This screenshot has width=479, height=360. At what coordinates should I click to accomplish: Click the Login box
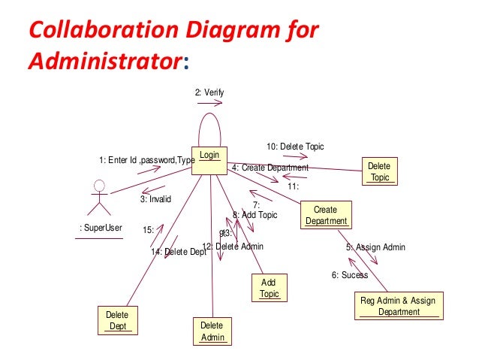coord(209,160)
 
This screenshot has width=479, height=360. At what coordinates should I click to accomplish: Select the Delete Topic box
coord(380,171)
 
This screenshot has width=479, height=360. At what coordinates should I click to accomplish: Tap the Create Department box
coord(325,215)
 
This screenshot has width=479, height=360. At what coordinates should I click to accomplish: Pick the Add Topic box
coord(268,288)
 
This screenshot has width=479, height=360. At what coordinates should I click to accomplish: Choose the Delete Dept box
coord(116,319)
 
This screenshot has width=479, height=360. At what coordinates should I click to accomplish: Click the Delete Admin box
coord(212,331)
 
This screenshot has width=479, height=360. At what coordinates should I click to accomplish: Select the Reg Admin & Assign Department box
coord(398,306)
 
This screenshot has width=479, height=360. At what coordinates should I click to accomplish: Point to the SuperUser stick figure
coord(98,197)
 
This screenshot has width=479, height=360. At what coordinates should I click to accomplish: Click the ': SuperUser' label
coord(101,228)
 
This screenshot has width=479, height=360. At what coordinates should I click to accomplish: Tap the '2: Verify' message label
coord(209,92)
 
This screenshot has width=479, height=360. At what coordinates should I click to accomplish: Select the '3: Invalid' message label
coord(155,199)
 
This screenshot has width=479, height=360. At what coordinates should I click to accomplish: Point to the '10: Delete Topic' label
coord(295,146)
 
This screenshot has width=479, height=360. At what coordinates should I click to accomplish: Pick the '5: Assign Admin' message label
coord(375,247)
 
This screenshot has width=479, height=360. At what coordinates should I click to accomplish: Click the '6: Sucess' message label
coord(350,275)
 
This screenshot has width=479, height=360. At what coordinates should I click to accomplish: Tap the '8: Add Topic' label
coord(255,215)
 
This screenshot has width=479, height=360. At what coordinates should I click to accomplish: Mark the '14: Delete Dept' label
coord(178,253)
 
